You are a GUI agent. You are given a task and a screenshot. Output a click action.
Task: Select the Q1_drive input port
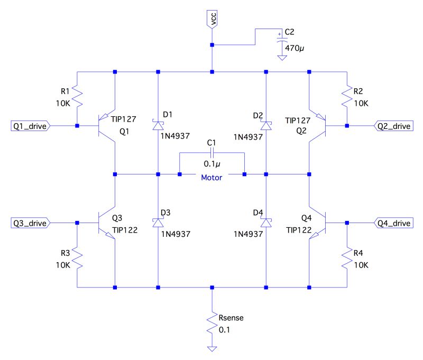30,126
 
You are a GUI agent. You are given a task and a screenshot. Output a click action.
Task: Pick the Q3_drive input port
30,223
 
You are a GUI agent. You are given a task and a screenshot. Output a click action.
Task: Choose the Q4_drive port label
393,223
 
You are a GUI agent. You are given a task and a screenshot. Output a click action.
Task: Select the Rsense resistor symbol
212,322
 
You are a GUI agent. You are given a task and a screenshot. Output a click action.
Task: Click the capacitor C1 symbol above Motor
212,153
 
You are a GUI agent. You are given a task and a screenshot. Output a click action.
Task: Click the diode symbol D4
266,223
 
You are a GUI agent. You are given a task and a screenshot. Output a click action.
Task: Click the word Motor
212,178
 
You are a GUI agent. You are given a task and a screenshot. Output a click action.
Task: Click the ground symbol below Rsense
212,349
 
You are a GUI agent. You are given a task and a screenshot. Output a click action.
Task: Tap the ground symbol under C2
282,56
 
